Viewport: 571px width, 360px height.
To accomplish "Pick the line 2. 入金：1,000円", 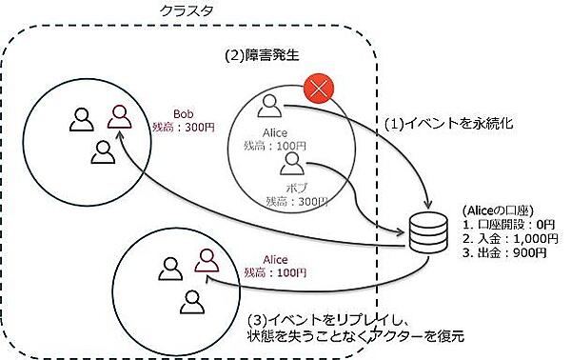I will click(x=502, y=239).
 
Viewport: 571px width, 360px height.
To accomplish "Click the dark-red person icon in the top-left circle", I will click(x=119, y=115).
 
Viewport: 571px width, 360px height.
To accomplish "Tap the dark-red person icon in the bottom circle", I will click(x=204, y=258).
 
